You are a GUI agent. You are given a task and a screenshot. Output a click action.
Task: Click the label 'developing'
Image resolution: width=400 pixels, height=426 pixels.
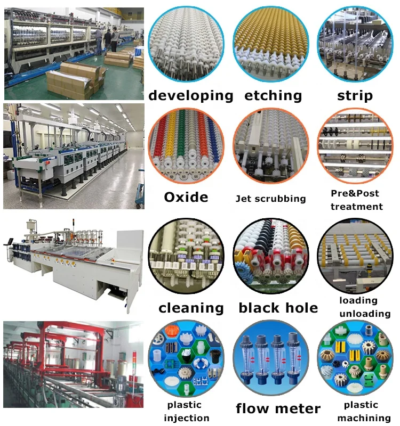click(190, 96)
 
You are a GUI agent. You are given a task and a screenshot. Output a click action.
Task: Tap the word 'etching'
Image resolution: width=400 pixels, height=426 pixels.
click(273, 96)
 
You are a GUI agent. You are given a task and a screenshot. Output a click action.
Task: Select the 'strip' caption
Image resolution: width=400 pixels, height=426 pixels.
click(355, 96)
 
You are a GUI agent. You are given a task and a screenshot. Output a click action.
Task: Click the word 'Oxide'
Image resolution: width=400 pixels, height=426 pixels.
click(186, 197)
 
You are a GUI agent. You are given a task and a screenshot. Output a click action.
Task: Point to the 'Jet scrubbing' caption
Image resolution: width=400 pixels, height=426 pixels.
click(271, 199)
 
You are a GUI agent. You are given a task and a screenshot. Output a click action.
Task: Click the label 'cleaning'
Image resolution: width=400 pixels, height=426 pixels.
click(190, 308)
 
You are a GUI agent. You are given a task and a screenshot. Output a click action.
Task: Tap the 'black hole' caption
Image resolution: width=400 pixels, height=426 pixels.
click(278, 308)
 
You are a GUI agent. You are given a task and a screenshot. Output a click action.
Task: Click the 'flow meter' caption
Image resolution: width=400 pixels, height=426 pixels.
click(278, 408)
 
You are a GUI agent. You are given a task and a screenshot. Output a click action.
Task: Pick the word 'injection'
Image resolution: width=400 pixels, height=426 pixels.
click(187, 418)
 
